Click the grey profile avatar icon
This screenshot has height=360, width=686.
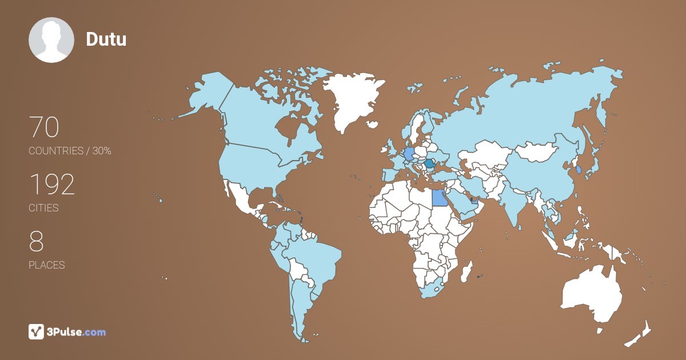[51, 40]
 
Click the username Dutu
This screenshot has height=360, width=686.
[106, 39]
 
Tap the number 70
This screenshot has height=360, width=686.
[44, 127]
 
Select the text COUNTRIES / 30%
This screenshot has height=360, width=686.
[70, 151]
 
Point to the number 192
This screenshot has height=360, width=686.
[52, 185]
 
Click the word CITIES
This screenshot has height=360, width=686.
[43, 208]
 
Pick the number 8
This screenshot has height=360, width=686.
[36, 242]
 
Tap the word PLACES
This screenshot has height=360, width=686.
[46, 265]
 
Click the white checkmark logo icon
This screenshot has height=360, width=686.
[37, 331]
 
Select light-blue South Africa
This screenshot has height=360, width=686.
[432, 289]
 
